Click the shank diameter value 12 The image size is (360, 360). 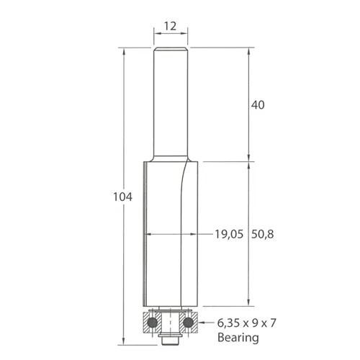tap(171, 26)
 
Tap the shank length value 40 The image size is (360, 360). tap(258, 104)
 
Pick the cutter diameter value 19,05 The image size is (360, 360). tap(228, 233)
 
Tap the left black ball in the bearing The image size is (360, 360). tap(152, 323)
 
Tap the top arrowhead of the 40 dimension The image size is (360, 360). tap(249, 51)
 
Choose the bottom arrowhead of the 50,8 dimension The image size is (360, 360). tap(249, 305)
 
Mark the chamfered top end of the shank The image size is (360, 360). tap(171, 50)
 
